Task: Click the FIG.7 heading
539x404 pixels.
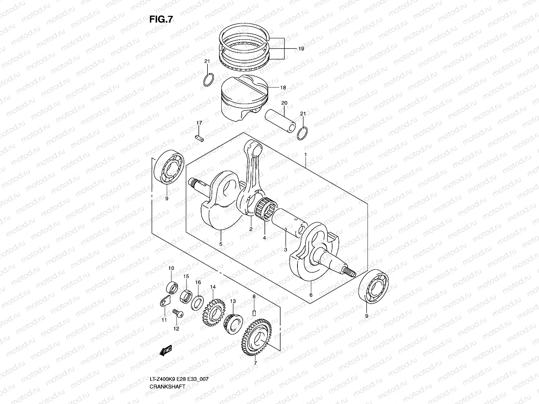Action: coord(161,20)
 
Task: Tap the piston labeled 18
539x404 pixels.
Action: coord(243,99)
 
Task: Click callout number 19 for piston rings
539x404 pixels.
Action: coord(301,49)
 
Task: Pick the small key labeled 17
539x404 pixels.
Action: coord(199,138)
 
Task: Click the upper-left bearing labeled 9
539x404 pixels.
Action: coord(168,168)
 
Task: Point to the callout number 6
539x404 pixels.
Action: coord(311,295)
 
